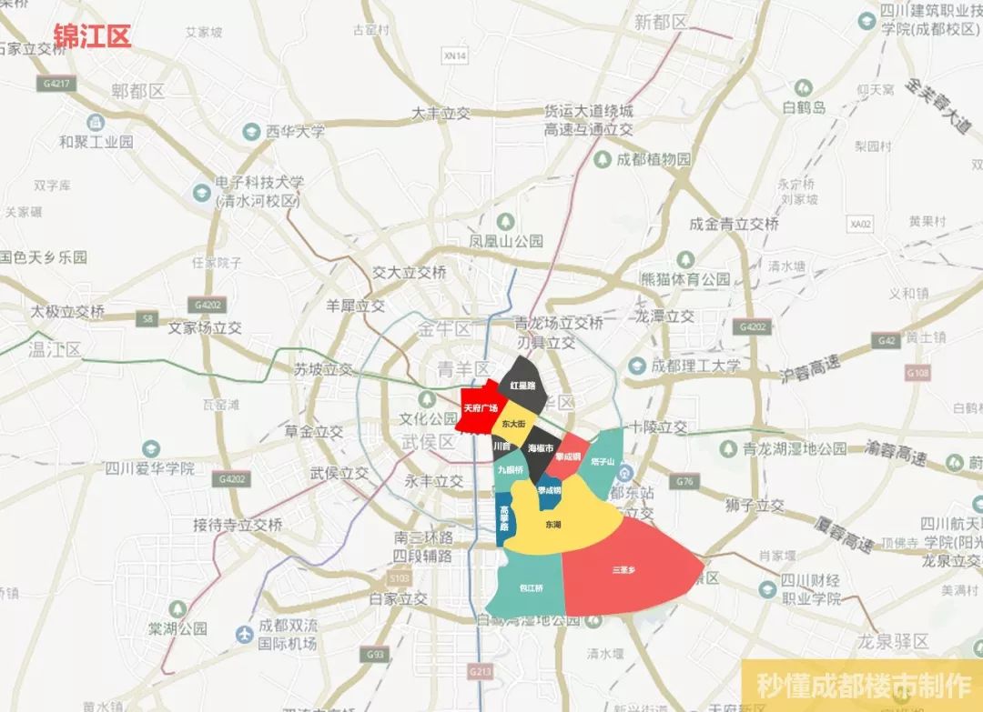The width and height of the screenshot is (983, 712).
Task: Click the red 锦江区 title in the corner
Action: tap(92, 36)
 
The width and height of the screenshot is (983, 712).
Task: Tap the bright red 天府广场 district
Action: tap(481, 408)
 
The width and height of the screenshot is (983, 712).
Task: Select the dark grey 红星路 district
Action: tap(522, 386)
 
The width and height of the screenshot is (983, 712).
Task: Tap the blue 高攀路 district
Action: tap(505, 519)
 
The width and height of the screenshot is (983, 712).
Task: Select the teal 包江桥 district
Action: tap(530, 587)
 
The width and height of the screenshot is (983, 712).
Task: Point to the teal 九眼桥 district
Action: tap(509, 471)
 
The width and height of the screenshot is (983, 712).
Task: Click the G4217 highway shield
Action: tap(56, 84)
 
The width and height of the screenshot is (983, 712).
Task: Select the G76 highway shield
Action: tap(685, 482)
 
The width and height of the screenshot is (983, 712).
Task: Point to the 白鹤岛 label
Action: tap(806, 107)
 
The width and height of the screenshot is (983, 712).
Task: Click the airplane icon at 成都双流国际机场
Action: tap(243, 634)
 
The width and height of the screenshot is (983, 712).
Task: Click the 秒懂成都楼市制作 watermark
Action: tap(861, 685)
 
